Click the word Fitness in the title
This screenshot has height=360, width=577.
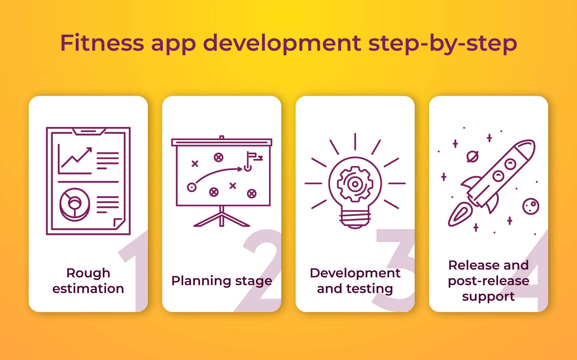click(102, 43)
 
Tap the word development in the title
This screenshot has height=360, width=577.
click(282, 44)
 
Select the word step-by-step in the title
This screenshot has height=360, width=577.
click(442, 44)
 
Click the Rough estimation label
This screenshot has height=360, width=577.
click(88, 281)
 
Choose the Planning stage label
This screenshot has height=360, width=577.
click(221, 281)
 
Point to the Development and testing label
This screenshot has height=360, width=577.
click(355, 281)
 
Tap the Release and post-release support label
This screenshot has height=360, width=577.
click(488, 281)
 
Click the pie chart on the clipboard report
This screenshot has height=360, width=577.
click(75, 204)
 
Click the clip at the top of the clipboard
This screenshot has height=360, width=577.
click(89, 131)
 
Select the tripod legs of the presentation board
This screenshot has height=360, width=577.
click(221, 219)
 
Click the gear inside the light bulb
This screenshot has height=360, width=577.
click(355, 184)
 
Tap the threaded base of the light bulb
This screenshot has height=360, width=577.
click(355, 219)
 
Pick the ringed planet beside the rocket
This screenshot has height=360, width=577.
click(472, 157)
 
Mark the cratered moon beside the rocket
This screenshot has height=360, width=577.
click(530, 206)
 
